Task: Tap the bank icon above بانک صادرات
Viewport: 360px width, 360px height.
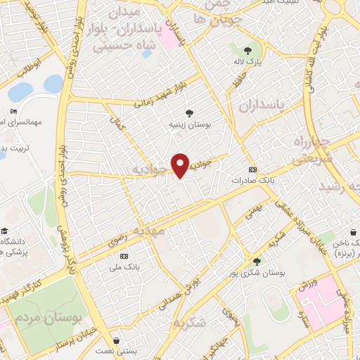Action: point(253,170)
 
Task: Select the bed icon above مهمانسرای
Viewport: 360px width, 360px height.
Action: point(14,112)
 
